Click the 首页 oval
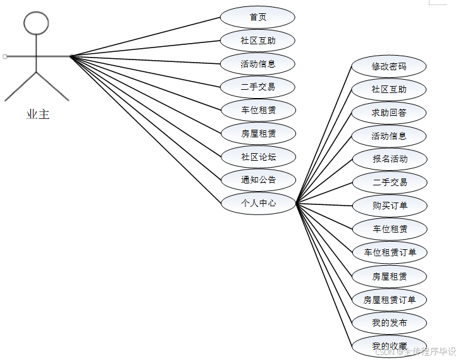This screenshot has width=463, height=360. click(x=257, y=17)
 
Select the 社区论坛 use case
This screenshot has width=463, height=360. click(x=257, y=156)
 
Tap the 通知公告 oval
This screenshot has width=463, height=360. click(x=257, y=180)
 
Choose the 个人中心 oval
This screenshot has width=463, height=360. click(x=257, y=203)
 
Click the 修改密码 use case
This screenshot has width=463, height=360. click(x=389, y=66)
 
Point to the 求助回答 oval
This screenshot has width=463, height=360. click(x=389, y=113)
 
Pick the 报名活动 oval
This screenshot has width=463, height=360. click(x=389, y=159)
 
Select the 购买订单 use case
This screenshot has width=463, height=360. click(x=389, y=206)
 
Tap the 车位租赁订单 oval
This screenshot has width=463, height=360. click(x=389, y=252)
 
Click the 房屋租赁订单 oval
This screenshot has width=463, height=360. click(x=389, y=299)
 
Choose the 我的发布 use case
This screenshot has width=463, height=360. click(x=389, y=323)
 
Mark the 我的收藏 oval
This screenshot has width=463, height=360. click(x=389, y=346)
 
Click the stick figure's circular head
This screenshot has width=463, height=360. click(x=36, y=23)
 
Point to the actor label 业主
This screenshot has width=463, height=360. click(x=38, y=115)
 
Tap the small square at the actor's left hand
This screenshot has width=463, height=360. click(x=5, y=56)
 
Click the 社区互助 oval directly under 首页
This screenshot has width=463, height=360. click(x=257, y=40)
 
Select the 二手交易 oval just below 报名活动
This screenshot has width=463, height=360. click(x=389, y=182)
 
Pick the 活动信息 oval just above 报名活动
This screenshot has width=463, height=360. click(x=389, y=135)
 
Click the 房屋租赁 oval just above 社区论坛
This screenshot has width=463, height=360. click(x=257, y=133)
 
